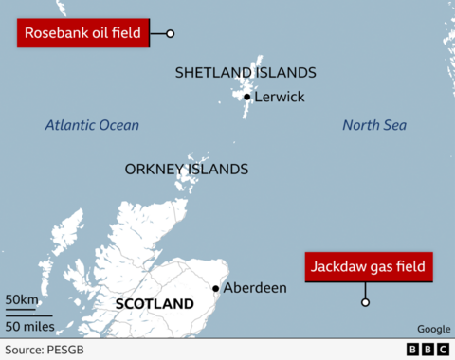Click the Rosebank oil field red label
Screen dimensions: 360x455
(x=82, y=34)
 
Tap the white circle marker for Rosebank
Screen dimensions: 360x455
(x=171, y=34)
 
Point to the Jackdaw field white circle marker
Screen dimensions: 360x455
(x=365, y=303)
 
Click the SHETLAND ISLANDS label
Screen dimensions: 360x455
(x=246, y=73)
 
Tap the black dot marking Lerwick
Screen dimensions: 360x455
(x=246, y=97)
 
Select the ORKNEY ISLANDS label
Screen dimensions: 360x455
(x=187, y=170)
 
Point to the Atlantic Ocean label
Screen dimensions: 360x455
(x=92, y=125)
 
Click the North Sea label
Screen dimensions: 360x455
(x=373, y=125)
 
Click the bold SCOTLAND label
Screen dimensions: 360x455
(x=154, y=304)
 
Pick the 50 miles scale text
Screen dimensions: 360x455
(x=29, y=327)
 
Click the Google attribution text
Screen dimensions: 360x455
(x=431, y=329)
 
